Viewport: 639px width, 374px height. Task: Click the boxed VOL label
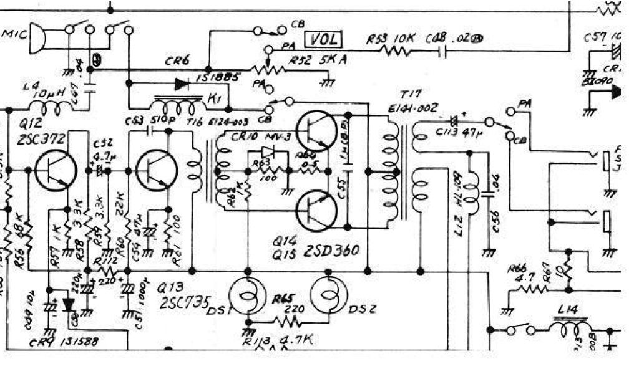point(324,40)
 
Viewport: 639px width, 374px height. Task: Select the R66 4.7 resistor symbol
point(530,289)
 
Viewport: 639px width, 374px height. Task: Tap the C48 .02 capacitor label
point(455,39)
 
